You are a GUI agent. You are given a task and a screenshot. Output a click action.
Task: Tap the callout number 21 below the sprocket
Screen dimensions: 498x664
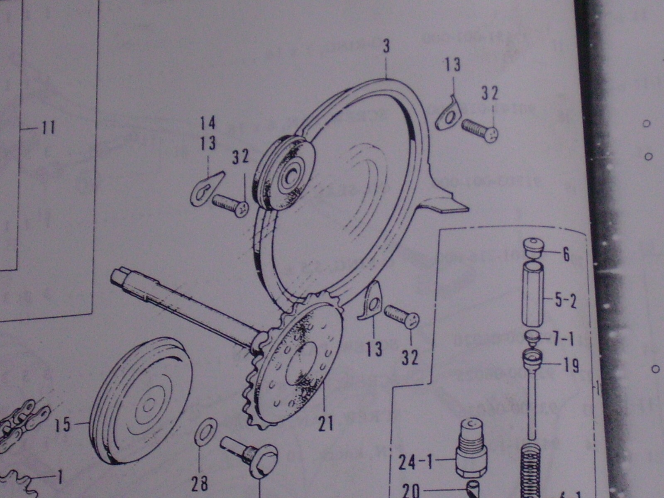326,423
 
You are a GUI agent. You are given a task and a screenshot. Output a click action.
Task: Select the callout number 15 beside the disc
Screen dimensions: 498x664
63,425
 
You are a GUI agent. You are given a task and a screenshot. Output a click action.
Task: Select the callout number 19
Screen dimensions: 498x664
571,366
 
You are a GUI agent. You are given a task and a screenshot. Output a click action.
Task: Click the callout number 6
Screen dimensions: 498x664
566,254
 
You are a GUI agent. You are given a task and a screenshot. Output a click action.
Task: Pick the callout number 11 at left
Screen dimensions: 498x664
48,128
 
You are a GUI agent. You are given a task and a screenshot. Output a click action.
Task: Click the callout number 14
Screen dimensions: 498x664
208,123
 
